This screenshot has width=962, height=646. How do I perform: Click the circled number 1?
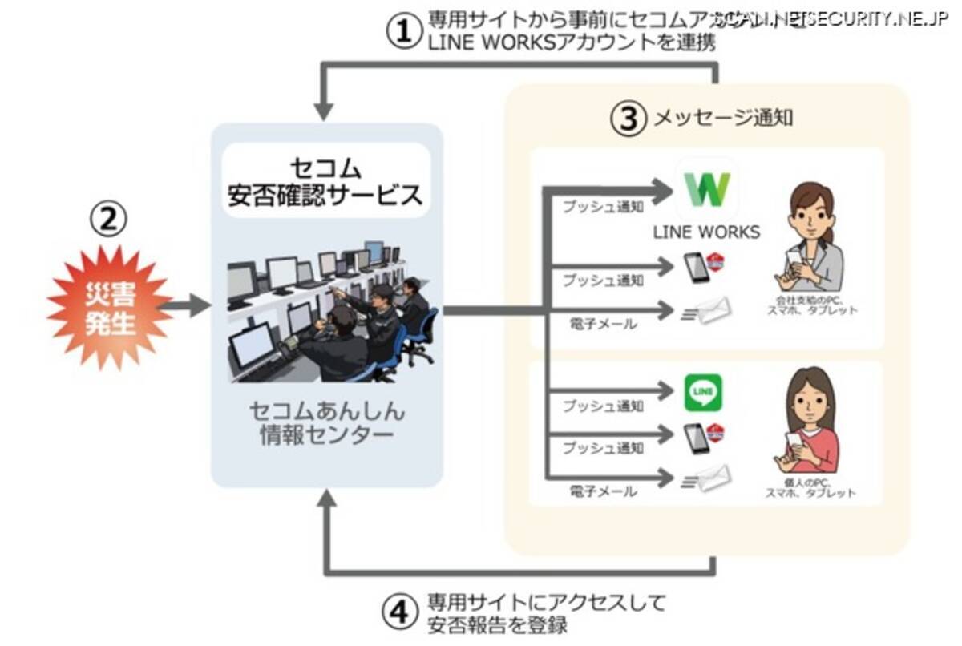pyautogui.click(x=404, y=31)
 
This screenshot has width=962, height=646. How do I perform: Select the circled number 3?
pyautogui.click(x=628, y=118)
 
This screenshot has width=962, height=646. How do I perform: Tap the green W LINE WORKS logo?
pyautogui.click(x=706, y=190)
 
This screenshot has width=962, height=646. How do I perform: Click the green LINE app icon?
pyautogui.click(x=703, y=392)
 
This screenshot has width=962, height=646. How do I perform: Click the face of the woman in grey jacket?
pyautogui.click(x=811, y=211)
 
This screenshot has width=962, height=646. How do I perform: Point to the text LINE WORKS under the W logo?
pyautogui.click(x=706, y=232)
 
